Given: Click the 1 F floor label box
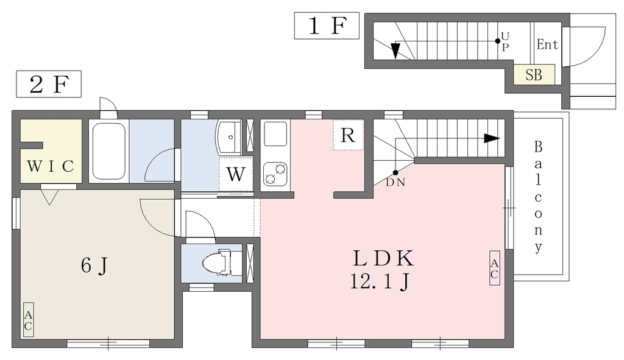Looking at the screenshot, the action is pyautogui.click(x=327, y=26).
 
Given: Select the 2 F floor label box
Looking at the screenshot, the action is pyautogui.click(x=49, y=84).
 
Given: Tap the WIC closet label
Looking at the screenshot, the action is pyautogui.click(x=51, y=166).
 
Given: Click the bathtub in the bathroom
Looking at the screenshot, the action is pyautogui.click(x=109, y=151).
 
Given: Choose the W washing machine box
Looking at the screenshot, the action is pyautogui.click(x=236, y=174).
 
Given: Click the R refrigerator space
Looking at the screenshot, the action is pyautogui.click(x=348, y=135).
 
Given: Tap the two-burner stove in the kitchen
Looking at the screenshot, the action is pyautogui.click(x=275, y=174).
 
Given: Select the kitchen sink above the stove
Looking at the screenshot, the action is pyautogui.click(x=275, y=134).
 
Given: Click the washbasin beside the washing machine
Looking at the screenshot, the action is pyautogui.click(x=229, y=137).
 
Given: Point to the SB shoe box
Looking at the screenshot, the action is pyautogui.click(x=534, y=74).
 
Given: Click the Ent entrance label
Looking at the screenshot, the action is pyautogui.click(x=547, y=44).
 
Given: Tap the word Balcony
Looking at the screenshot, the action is pyautogui.click(x=538, y=197).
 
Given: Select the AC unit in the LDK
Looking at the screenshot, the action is pyautogui.click(x=494, y=268).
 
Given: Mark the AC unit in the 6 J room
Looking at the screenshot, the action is pyautogui.click(x=28, y=320).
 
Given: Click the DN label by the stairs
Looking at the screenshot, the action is pyautogui.click(x=395, y=183).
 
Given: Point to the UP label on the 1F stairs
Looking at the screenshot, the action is pyautogui.click(x=505, y=41).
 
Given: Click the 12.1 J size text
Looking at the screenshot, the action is pyautogui.click(x=380, y=282).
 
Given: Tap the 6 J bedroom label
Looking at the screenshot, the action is pyautogui.click(x=94, y=266).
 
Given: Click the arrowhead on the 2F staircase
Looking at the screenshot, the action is pyautogui.click(x=492, y=138).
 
